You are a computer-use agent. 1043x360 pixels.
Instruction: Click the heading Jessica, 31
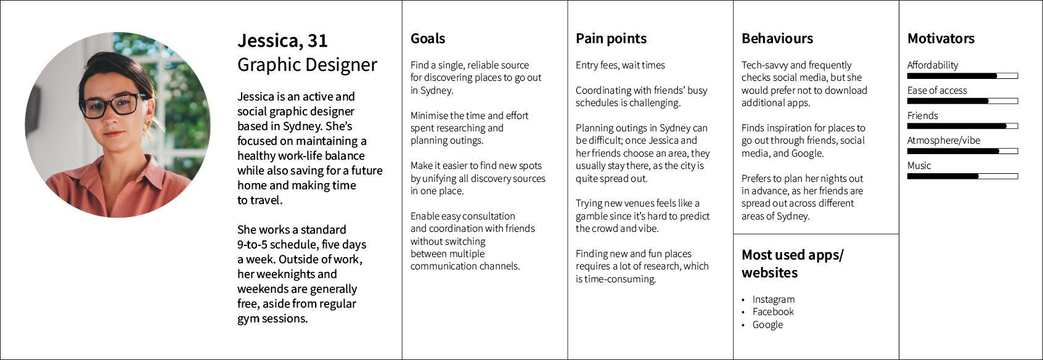(282, 41)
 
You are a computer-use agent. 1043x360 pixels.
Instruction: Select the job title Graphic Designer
(307, 65)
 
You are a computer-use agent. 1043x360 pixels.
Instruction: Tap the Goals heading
(428, 39)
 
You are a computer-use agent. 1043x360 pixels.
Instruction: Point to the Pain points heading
(611, 39)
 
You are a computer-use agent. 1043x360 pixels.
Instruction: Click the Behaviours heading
(777, 39)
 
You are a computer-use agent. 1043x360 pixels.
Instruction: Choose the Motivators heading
(941, 39)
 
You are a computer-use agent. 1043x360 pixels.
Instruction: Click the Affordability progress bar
(962, 76)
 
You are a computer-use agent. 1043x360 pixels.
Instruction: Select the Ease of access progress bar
(962, 101)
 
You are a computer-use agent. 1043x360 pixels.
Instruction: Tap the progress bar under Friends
(962, 126)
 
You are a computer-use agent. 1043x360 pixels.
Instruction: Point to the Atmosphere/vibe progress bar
(962, 151)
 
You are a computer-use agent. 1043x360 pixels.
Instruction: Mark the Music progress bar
(962, 176)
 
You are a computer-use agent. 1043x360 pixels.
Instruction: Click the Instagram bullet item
(773, 300)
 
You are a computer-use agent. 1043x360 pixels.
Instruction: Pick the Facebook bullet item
(773, 312)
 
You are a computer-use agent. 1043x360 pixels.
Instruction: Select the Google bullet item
(767, 325)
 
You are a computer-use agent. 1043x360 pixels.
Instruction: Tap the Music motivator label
(919, 166)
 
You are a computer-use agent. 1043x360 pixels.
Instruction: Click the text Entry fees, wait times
(620, 65)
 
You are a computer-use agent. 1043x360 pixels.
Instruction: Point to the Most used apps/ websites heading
(792, 264)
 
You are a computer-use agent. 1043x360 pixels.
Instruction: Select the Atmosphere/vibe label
(943, 141)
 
